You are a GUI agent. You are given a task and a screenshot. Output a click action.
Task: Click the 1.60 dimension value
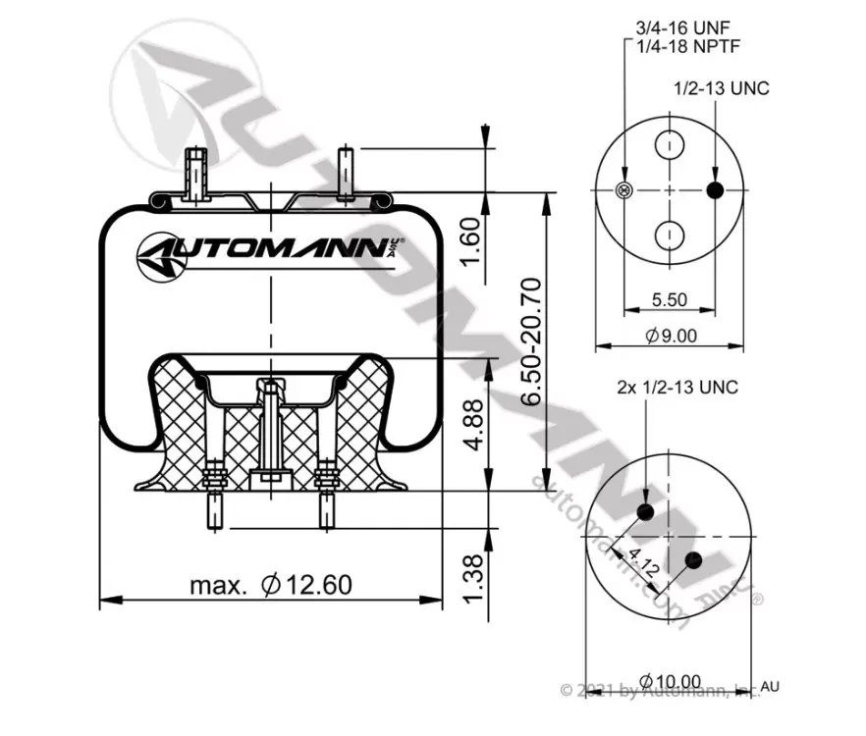pyautogui.click(x=470, y=240)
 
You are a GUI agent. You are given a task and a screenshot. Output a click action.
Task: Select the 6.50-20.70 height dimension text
pyautogui.click(x=532, y=342)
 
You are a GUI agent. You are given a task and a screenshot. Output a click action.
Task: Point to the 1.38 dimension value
pyautogui.click(x=474, y=579)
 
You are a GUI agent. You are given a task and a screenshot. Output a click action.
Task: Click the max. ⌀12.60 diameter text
pyautogui.click(x=271, y=585)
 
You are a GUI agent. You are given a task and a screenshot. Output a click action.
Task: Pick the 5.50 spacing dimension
pyautogui.click(x=670, y=300)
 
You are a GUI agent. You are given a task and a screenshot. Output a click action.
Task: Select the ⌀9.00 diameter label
pyautogui.click(x=672, y=336)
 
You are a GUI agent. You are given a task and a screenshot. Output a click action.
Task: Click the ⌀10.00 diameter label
pyautogui.click(x=670, y=681)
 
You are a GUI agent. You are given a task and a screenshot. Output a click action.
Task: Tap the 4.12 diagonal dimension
pyautogui.click(x=643, y=563)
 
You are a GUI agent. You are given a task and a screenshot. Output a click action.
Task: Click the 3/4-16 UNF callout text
pyautogui.click(x=682, y=27)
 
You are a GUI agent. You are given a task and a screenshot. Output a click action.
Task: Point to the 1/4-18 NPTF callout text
pyautogui.click(x=687, y=46)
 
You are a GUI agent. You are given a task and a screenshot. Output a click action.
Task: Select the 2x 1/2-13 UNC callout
pyautogui.click(x=677, y=387)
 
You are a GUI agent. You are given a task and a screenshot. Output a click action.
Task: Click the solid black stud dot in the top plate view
pyautogui.click(x=715, y=190)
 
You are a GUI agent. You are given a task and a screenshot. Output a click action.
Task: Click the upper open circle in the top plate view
pyautogui.click(x=670, y=145)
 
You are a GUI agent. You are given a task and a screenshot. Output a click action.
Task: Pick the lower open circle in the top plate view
pyautogui.click(x=670, y=236)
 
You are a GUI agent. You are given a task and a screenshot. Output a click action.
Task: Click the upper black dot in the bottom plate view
pyautogui.click(x=645, y=512)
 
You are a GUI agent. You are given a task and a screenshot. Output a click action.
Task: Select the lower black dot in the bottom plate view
pyautogui.click(x=693, y=560)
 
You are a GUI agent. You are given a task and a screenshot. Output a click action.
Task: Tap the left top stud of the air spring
pyautogui.click(x=196, y=174)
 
